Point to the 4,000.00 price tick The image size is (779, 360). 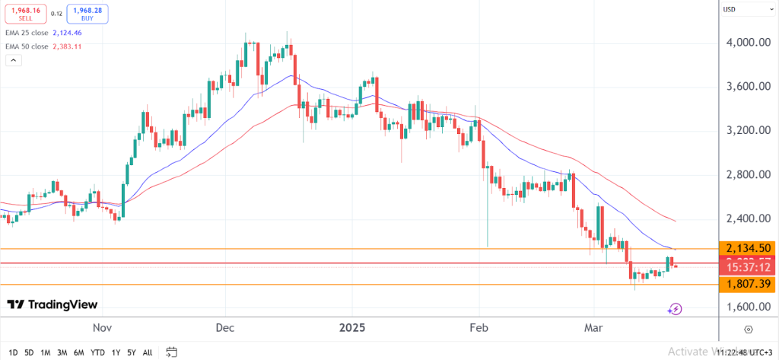pos(744,43)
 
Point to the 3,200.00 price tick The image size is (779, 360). pos(744,131)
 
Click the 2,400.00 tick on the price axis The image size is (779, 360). pos(744,218)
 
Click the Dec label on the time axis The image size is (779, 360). pos(225,328)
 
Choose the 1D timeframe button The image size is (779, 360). pos(13,352)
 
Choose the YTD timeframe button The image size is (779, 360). pos(97,352)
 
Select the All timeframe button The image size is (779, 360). pos(148,352)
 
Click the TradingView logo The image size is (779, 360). pos(52,304)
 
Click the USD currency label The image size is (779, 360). pos(729,9)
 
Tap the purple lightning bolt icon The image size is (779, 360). pos(675,308)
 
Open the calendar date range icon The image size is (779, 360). pos(172,352)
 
